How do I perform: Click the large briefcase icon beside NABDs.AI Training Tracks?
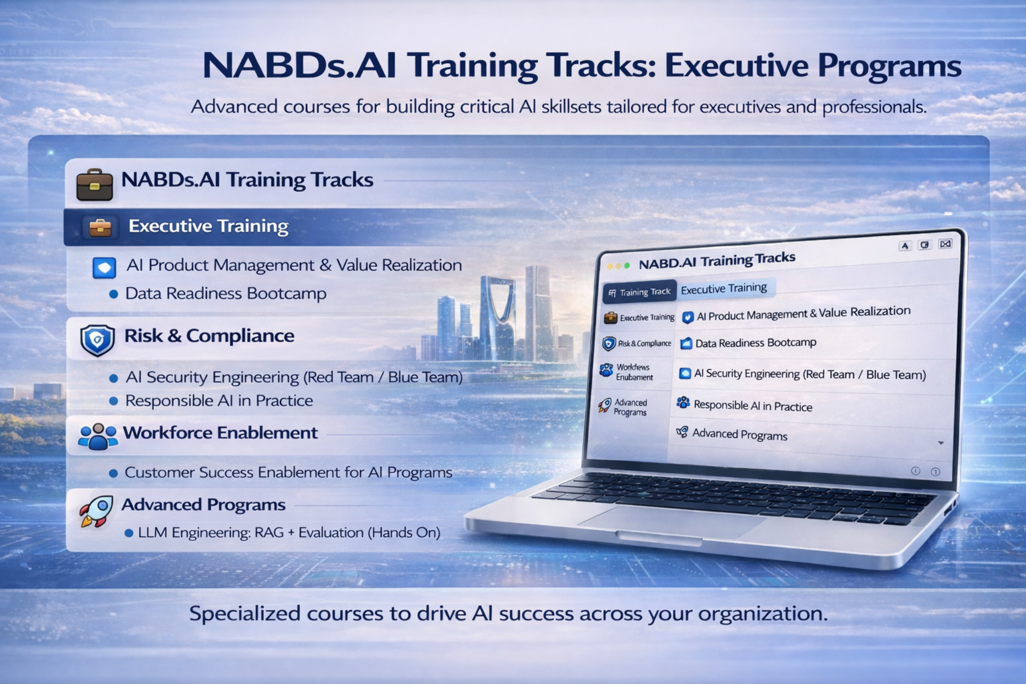coord(95,184)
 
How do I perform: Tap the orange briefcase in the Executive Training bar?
coord(100,227)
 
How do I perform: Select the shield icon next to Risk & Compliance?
coord(98,340)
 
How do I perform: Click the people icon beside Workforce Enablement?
coord(98,436)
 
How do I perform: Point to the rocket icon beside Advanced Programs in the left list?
coord(97,511)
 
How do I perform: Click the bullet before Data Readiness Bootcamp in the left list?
coord(114,294)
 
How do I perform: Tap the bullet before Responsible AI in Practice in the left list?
coord(114,401)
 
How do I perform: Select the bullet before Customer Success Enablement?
coord(114,473)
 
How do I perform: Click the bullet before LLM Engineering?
coord(129,533)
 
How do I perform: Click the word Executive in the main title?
coord(736,66)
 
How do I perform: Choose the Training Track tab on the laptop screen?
coord(640,292)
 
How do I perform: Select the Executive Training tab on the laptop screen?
coord(723,289)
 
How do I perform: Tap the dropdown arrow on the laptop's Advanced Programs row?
coord(940,443)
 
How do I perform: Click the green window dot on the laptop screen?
coord(627,266)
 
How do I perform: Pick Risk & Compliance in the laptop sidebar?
coord(638,344)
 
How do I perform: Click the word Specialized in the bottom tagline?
coord(244,614)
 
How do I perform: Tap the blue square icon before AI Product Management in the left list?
coord(104,268)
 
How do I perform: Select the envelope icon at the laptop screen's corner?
coord(945,244)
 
